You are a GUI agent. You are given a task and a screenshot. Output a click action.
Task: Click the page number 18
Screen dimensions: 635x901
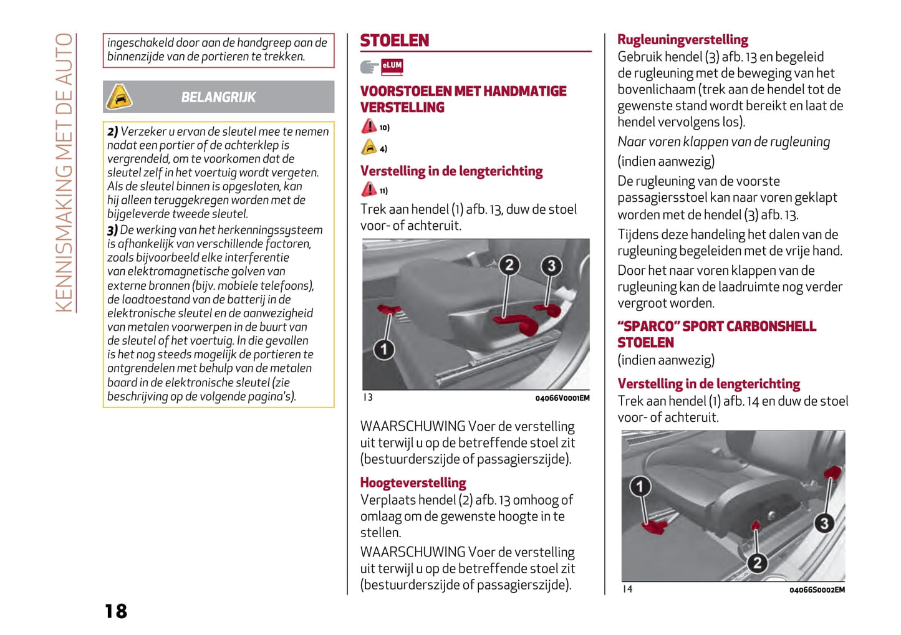pyautogui.click(x=116, y=611)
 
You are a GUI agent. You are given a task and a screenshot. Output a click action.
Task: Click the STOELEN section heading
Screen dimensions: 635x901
pyautogui.click(x=395, y=41)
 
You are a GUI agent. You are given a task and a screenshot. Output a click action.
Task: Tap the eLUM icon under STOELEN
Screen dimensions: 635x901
pyautogui.click(x=392, y=66)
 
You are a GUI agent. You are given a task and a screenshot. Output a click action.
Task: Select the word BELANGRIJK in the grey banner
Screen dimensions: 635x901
pyautogui.click(x=218, y=97)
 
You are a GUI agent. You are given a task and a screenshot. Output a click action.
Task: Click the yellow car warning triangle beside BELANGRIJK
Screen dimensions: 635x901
pyautogui.click(x=119, y=97)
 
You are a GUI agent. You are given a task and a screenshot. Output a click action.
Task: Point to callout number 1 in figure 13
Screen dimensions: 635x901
pyautogui.click(x=384, y=349)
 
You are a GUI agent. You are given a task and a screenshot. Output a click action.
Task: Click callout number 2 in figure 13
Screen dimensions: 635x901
pyautogui.click(x=509, y=265)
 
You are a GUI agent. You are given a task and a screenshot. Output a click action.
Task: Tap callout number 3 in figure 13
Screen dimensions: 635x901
pyautogui.click(x=551, y=266)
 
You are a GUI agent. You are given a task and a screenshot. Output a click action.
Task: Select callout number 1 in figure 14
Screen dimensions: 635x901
pyautogui.click(x=640, y=486)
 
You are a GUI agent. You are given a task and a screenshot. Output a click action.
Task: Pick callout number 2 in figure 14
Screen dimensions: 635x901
pyautogui.click(x=757, y=563)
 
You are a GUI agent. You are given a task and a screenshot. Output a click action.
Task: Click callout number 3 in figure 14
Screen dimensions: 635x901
pyautogui.click(x=824, y=523)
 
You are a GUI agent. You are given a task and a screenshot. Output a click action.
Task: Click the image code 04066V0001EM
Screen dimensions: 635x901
pyautogui.click(x=562, y=398)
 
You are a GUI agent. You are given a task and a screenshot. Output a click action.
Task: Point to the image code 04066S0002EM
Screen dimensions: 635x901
pyautogui.click(x=817, y=590)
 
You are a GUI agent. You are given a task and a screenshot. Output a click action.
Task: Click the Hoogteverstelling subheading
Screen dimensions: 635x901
pyautogui.click(x=413, y=483)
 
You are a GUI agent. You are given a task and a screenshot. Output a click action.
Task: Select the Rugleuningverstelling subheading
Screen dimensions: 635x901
pyautogui.click(x=683, y=40)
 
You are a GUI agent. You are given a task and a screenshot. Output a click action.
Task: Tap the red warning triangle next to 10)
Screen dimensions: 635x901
pyautogui.click(x=369, y=127)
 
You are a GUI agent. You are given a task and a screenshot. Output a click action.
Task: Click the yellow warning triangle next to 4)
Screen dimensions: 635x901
pyautogui.click(x=369, y=148)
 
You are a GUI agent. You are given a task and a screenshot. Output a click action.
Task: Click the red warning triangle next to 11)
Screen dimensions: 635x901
pyautogui.click(x=369, y=189)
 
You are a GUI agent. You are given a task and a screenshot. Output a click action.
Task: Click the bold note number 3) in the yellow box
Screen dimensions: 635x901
pyautogui.click(x=112, y=230)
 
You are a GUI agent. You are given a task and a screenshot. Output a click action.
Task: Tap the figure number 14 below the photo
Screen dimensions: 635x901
pyautogui.click(x=627, y=589)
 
